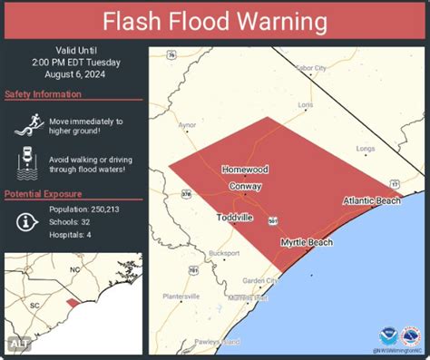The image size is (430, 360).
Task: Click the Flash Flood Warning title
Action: click(x=214, y=20)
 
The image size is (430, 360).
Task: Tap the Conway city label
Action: click(x=244, y=187)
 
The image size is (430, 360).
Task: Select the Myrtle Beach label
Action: click(x=306, y=242)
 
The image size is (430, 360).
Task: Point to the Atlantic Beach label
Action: click(x=372, y=200)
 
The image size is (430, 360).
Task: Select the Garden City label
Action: click(x=261, y=280)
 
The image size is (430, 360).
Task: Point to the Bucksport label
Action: click(x=224, y=253)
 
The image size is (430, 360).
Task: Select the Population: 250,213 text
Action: click(x=86, y=209)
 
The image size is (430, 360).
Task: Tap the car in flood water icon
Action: click(x=24, y=163)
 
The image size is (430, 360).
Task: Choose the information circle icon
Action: click(x=25, y=220)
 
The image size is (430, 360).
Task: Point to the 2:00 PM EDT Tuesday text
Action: click(x=73, y=63)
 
